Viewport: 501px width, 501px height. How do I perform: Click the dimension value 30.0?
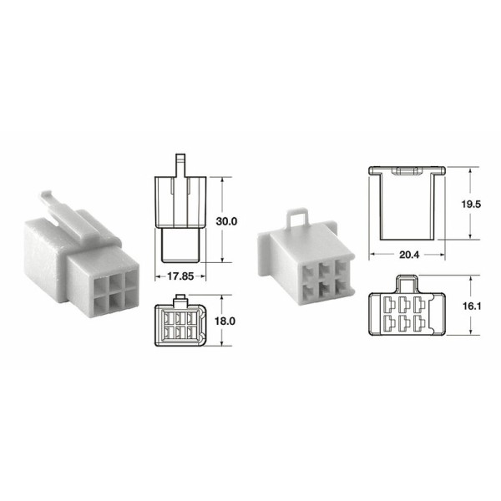pyautogui.click(x=227, y=221)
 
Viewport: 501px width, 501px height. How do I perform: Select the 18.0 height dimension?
pyautogui.click(x=227, y=320)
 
